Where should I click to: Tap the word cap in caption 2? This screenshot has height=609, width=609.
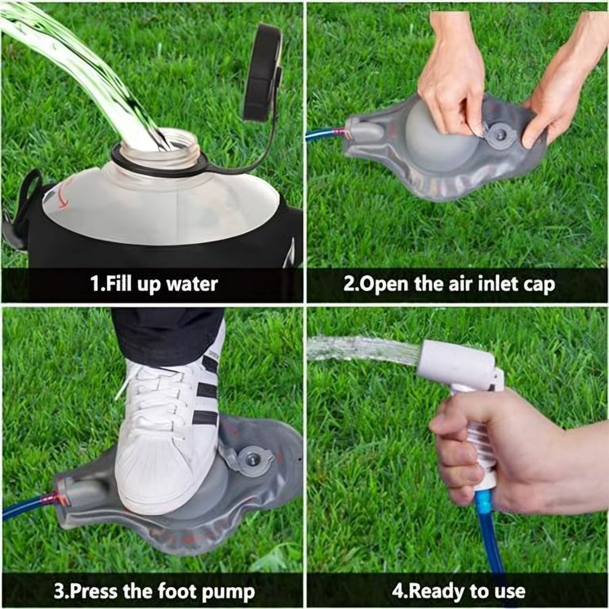539,285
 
